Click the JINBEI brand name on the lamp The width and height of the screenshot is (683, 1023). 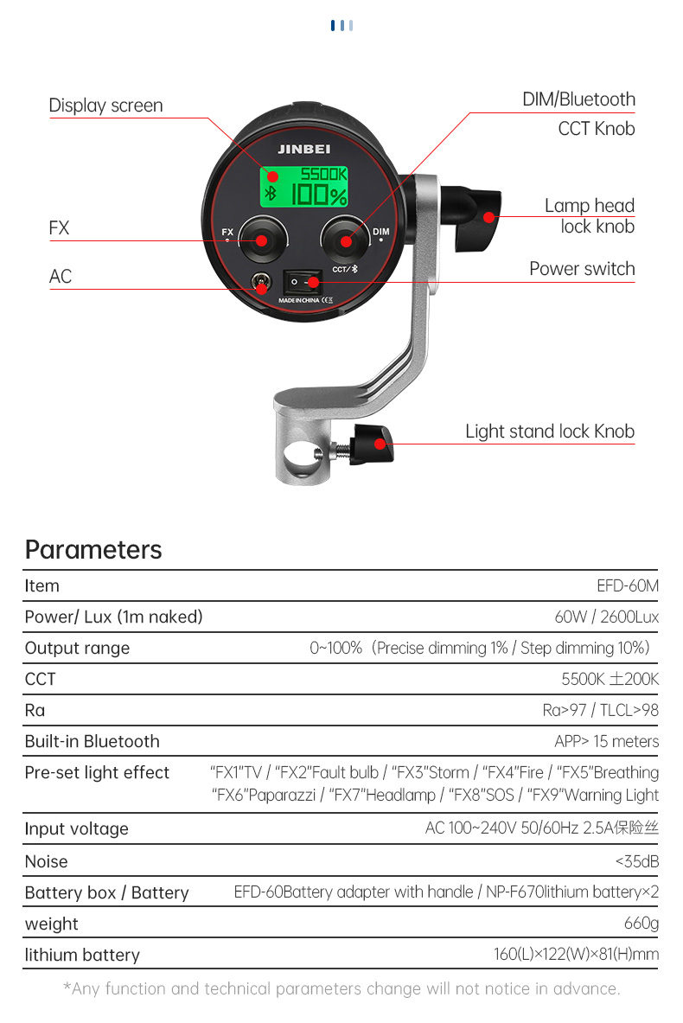tap(304, 149)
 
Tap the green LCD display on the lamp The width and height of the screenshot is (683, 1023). tap(304, 188)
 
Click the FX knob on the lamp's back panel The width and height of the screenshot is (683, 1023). tap(262, 240)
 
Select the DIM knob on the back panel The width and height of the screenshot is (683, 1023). tap(345, 240)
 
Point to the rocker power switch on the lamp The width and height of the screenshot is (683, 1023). tap(303, 282)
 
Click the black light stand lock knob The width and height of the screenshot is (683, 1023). tap(372, 444)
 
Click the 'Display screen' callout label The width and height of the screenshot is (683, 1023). tap(105, 105)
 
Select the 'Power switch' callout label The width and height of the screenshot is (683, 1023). tap(582, 269)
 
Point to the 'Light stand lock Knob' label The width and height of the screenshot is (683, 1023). tap(550, 432)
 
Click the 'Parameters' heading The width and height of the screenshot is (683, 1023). tap(93, 550)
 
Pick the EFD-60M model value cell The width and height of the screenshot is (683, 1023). tap(628, 586)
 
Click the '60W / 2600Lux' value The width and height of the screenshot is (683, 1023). tap(607, 617)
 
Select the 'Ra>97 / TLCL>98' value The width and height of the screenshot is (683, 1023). tap(601, 710)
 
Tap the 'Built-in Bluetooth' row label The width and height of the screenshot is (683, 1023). tap(92, 741)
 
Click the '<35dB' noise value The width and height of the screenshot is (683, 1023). tap(636, 861)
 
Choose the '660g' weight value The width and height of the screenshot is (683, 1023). tap(642, 924)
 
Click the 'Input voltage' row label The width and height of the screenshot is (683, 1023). tap(76, 828)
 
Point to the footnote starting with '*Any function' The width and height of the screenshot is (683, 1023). tap(341, 988)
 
